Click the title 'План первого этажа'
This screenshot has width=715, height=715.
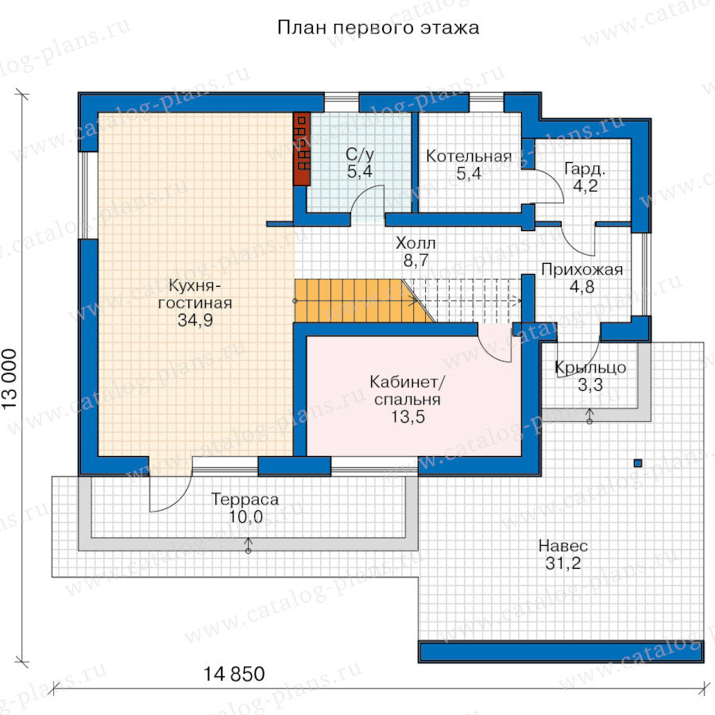(378, 29)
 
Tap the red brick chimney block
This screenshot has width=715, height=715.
(301, 149)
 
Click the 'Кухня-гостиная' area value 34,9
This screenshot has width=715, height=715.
(195, 320)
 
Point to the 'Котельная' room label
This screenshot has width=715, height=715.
(469, 157)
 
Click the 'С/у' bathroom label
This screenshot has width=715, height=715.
(360, 155)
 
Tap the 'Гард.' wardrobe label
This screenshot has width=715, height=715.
(585, 169)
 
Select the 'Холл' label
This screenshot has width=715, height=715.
(415, 243)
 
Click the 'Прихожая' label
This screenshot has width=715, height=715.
(582, 269)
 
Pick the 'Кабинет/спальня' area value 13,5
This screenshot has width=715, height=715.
(408, 417)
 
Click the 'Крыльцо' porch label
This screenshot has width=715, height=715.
(590, 368)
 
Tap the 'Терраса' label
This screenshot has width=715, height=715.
(245, 500)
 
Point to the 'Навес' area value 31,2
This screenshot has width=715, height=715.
(563, 563)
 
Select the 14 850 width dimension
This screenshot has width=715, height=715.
(234, 674)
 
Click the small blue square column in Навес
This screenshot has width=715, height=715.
(638, 463)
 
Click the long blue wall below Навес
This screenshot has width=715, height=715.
(561, 652)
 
